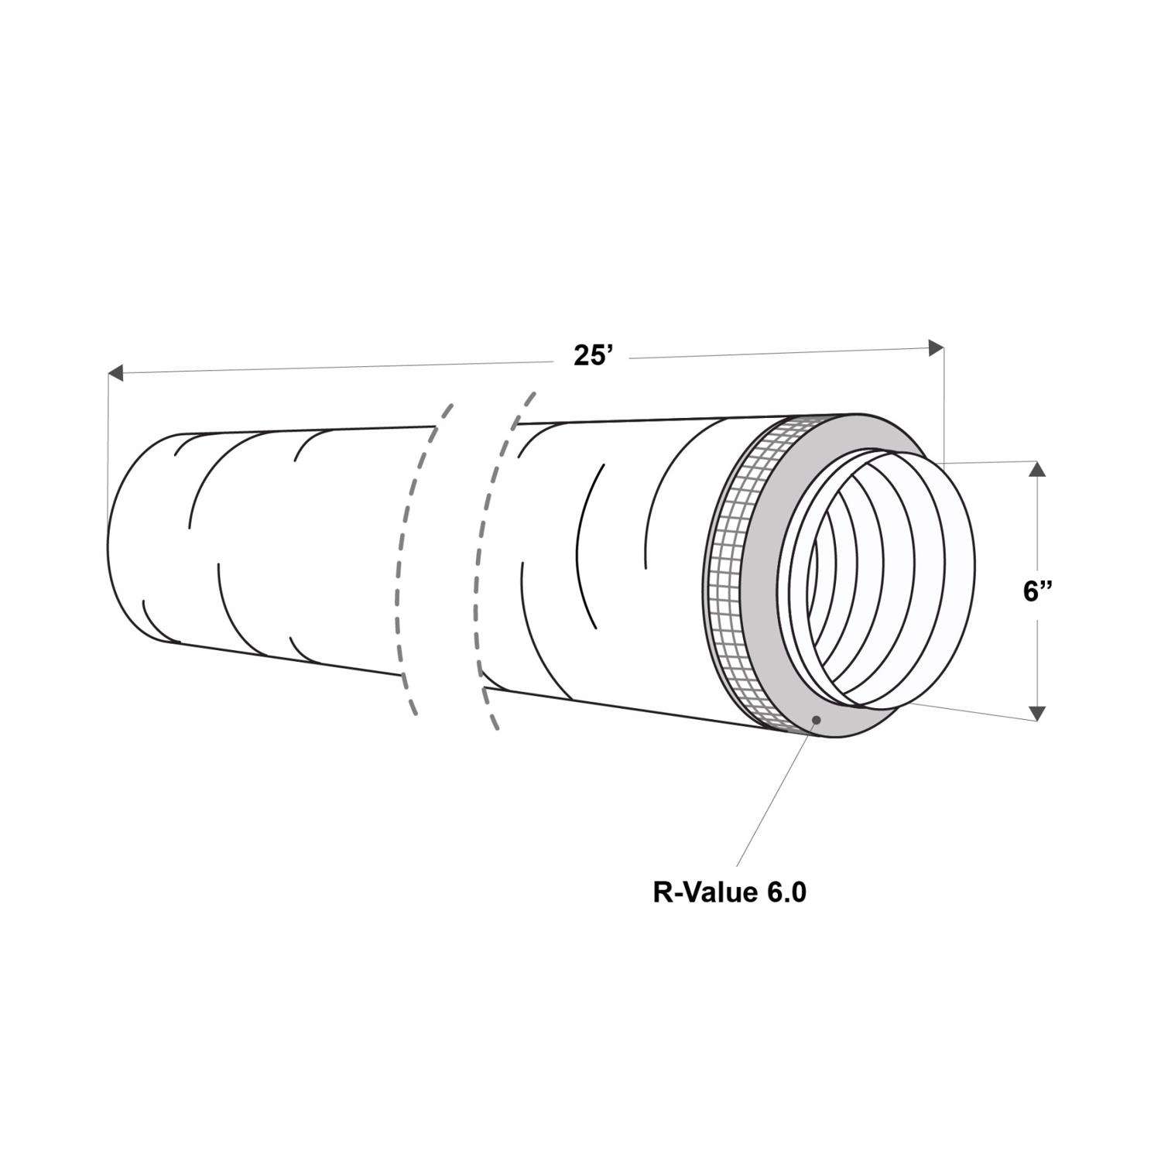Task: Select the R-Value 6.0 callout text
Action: click(730, 892)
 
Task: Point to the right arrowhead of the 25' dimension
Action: click(936, 348)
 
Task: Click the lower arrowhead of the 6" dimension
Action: click(1038, 712)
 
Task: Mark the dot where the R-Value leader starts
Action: click(817, 719)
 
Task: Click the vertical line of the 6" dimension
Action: click(1038, 534)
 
